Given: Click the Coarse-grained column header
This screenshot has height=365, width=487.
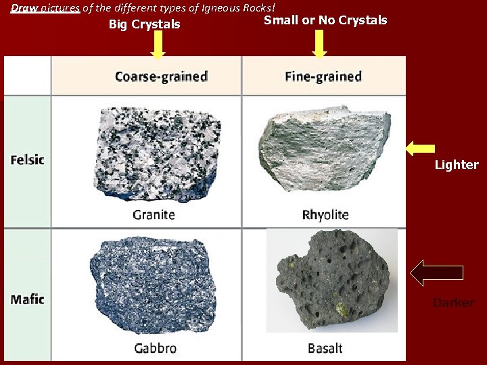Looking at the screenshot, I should pos(161,76).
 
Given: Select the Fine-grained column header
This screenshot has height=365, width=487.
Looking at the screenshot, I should pos(323,76).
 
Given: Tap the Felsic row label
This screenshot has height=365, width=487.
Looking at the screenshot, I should pos(28,160).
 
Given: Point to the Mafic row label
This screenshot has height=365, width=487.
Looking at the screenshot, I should pos(28,299).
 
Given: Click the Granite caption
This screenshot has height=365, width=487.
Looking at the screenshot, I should pos(154,215).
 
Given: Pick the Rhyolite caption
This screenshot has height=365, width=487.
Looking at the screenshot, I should pos(325,215).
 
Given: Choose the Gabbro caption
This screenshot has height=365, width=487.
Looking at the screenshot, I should pos(155,348).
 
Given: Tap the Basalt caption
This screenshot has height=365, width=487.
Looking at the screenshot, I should pos(325,348).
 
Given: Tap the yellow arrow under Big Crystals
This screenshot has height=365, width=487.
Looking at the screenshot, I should pos(158,45).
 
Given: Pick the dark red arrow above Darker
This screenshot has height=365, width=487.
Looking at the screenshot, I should pos(437,272).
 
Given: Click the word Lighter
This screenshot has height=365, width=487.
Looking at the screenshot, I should pos(457,165).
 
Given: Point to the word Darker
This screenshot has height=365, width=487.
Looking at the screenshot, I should pos(453,303).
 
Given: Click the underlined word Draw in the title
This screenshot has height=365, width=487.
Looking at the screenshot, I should pos(24,7).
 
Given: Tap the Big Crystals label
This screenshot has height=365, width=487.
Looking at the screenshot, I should pos(145,24).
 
